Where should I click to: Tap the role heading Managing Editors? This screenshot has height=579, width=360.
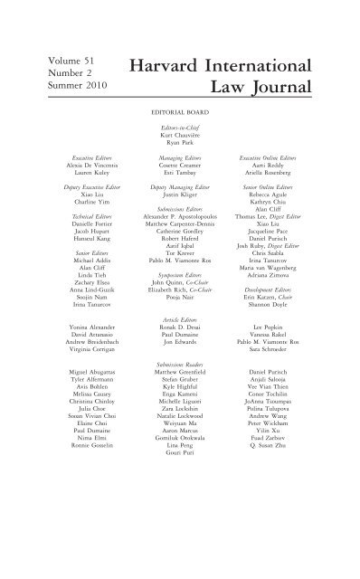[181, 157]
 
